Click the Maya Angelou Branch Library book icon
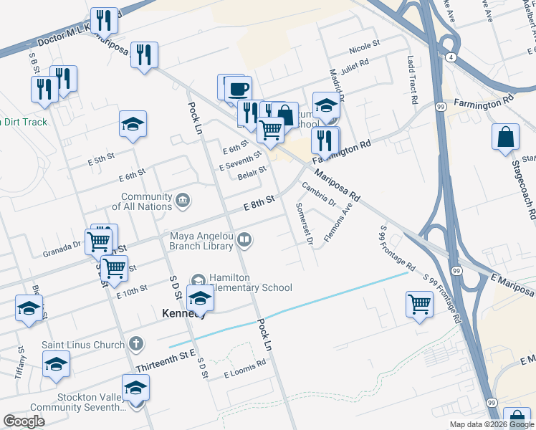(x=245, y=240)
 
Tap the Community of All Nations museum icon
(x=183, y=199)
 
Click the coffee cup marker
(x=238, y=90)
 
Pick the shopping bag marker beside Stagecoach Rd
(x=506, y=138)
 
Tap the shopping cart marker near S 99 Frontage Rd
(x=419, y=304)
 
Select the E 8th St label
(x=259, y=204)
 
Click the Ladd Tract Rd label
(x=411, y=81)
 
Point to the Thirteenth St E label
(x=165, y=364)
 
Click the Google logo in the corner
(x=24, y=421)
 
